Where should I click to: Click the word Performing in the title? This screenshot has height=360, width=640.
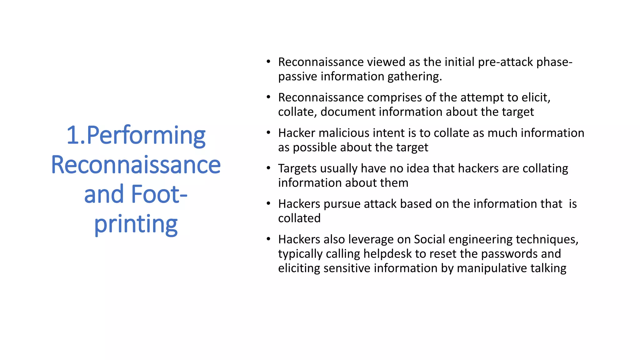click(146, 136)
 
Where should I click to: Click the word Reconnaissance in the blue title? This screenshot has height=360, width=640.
click(136, 165)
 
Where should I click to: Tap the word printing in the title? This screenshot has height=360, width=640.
click(136, 224)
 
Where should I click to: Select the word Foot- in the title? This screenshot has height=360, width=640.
click(159, 194)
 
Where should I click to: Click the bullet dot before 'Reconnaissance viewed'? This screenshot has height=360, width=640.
click(268, 62)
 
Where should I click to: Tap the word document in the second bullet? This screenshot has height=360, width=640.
click(347, 112)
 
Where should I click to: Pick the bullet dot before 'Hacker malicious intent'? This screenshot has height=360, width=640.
click(268, 132)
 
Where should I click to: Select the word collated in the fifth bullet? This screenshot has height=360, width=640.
click(299, 218)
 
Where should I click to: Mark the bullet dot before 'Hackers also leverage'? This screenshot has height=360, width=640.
click(268, 239)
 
